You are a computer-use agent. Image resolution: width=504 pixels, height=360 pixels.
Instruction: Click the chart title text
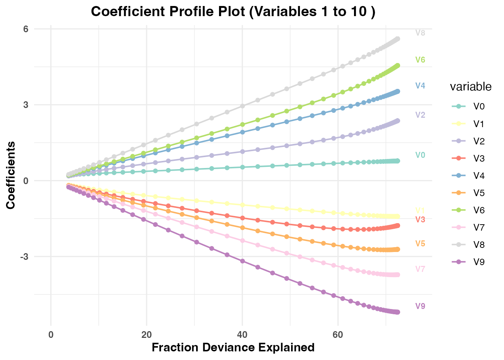[x=233, y=12]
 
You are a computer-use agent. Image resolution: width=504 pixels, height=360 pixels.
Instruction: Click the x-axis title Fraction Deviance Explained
[x=233, y=348]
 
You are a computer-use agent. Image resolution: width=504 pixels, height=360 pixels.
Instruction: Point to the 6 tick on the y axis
[x=26, y=29]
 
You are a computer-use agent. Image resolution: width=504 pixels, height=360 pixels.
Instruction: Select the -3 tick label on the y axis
[x=25, y=257]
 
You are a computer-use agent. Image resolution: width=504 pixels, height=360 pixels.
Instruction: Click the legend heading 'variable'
[x=471, y=87]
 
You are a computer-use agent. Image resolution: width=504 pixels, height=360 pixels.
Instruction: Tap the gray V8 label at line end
[x=420, y=33]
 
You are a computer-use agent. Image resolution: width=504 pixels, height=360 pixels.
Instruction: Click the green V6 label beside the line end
[x=420, y=60]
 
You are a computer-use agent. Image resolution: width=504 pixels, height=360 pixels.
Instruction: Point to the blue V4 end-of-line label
[x=420, y=86]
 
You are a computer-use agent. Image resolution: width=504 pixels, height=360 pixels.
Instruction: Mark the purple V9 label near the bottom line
[x=420, y=306]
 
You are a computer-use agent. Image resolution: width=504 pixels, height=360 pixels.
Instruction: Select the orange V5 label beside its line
[x=420, y=244]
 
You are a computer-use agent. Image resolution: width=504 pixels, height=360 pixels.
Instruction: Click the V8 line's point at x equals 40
[x=242, y=106]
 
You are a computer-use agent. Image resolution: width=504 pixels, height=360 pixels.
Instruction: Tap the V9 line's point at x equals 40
[x=242, y=261]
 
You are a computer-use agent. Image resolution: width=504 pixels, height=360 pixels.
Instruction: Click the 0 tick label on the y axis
[x=26, y=181]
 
